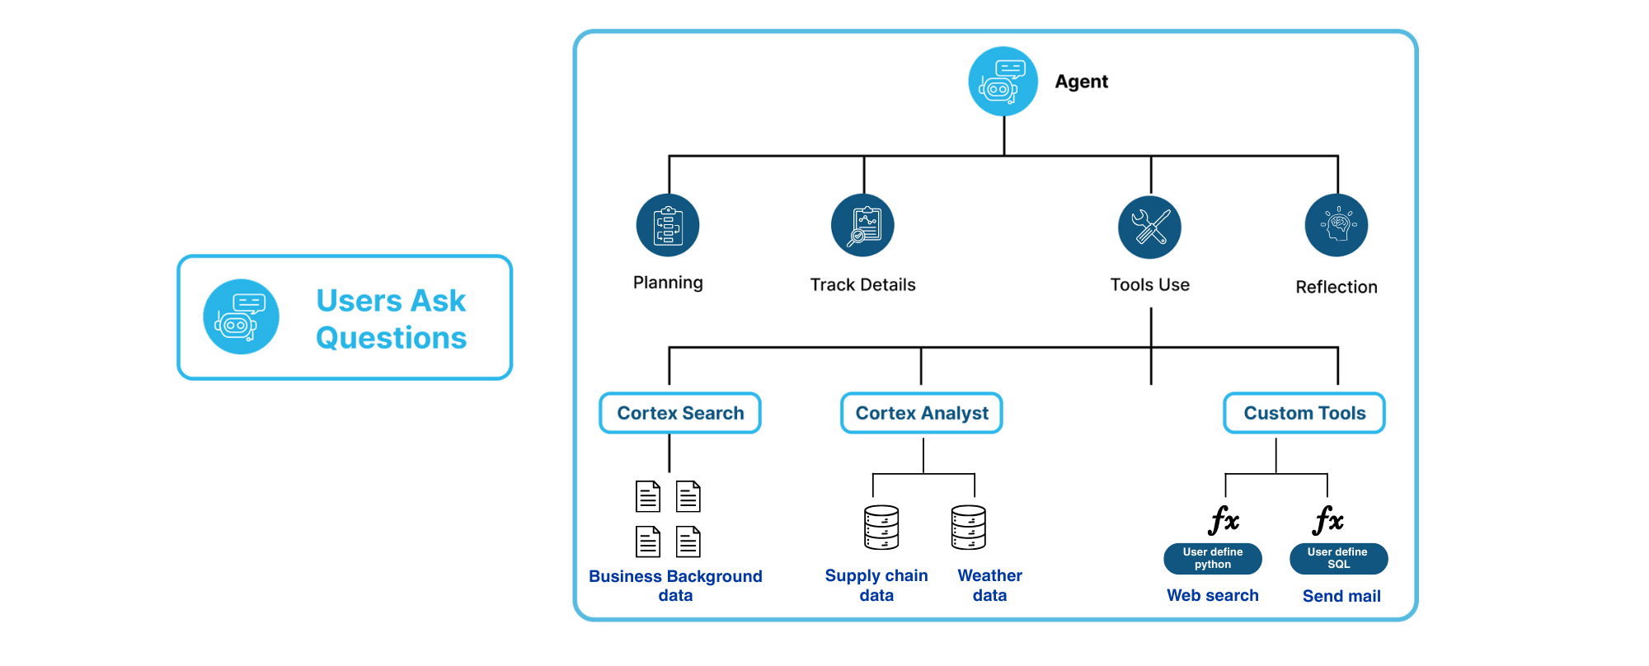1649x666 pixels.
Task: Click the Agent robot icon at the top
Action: [x=1003, y=82]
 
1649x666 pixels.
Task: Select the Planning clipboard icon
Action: [x=668, y=226]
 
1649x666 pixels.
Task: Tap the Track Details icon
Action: [x=862, y=226]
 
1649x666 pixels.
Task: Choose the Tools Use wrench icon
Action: [x=1149, y=227]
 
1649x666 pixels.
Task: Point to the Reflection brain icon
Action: [x=1337, y=226]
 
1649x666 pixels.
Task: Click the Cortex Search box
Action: [x=680, y=413]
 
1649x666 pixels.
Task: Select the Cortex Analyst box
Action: [x=922, y=413]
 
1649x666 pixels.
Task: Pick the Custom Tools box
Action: [x=1304, y=413]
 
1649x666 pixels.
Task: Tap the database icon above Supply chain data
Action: [x=881, y=528]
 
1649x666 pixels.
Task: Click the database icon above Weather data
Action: [x=969, y=528]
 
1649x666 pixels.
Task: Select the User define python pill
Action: [x=1213, y=559]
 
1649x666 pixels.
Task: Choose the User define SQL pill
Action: [x=1338, y=559]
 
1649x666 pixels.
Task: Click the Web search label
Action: [x=1213, y=595]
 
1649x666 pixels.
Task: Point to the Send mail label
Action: [x=1341, y=596]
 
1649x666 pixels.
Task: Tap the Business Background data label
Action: [x=675, y=585]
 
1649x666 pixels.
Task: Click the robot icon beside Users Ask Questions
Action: [x=241, y=317]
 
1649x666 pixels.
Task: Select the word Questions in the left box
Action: [x=392, y=338]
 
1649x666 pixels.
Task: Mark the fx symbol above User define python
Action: [x=1224, y=520]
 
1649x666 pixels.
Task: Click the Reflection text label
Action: [x=1337, y=287]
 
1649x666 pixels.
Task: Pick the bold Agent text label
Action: [x=1082, y=82]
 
